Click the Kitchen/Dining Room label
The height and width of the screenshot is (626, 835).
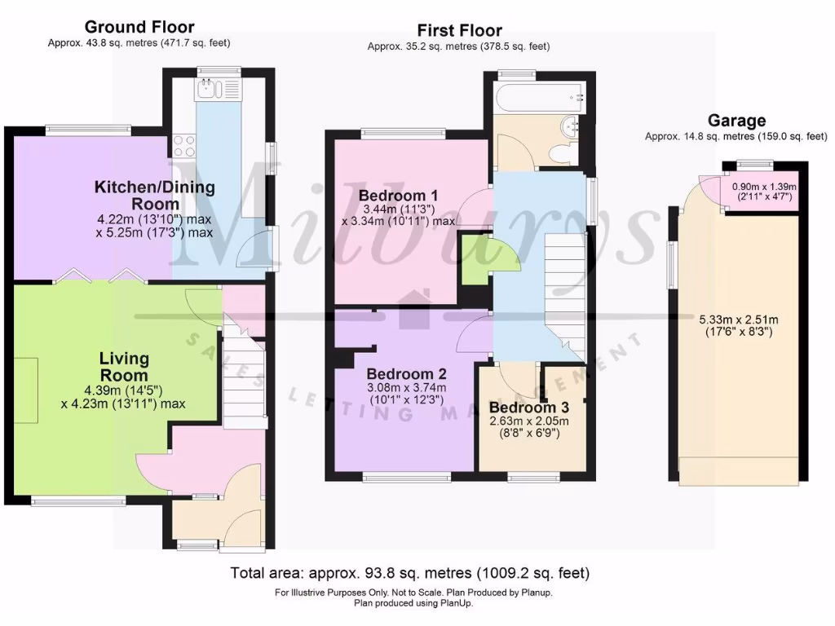tap(155, 195)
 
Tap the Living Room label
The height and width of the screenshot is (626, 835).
tap(124, 367)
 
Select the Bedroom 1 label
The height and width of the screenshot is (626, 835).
tap(398, 196)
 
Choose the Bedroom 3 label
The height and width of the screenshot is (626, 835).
tap(528, 407)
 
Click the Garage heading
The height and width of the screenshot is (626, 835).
tap(736, 121)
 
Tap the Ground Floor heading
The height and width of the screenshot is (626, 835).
tap(139, 28)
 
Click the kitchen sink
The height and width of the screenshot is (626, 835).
tap(205, 89)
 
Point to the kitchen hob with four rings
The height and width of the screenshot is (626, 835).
tap(184, 145)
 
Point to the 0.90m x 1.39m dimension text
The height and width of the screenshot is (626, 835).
tap(764, 191)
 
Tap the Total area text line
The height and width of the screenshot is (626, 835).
tap(409, 573)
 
